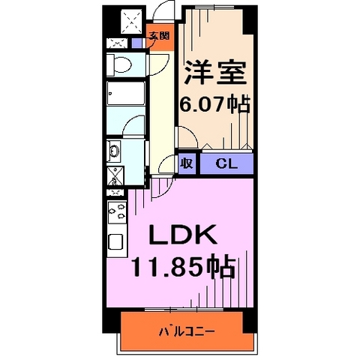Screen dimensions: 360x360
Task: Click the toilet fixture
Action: tap(120, 63)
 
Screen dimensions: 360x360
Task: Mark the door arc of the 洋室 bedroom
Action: tap(185, 139)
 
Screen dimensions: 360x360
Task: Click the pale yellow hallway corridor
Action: tap(160, 112)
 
